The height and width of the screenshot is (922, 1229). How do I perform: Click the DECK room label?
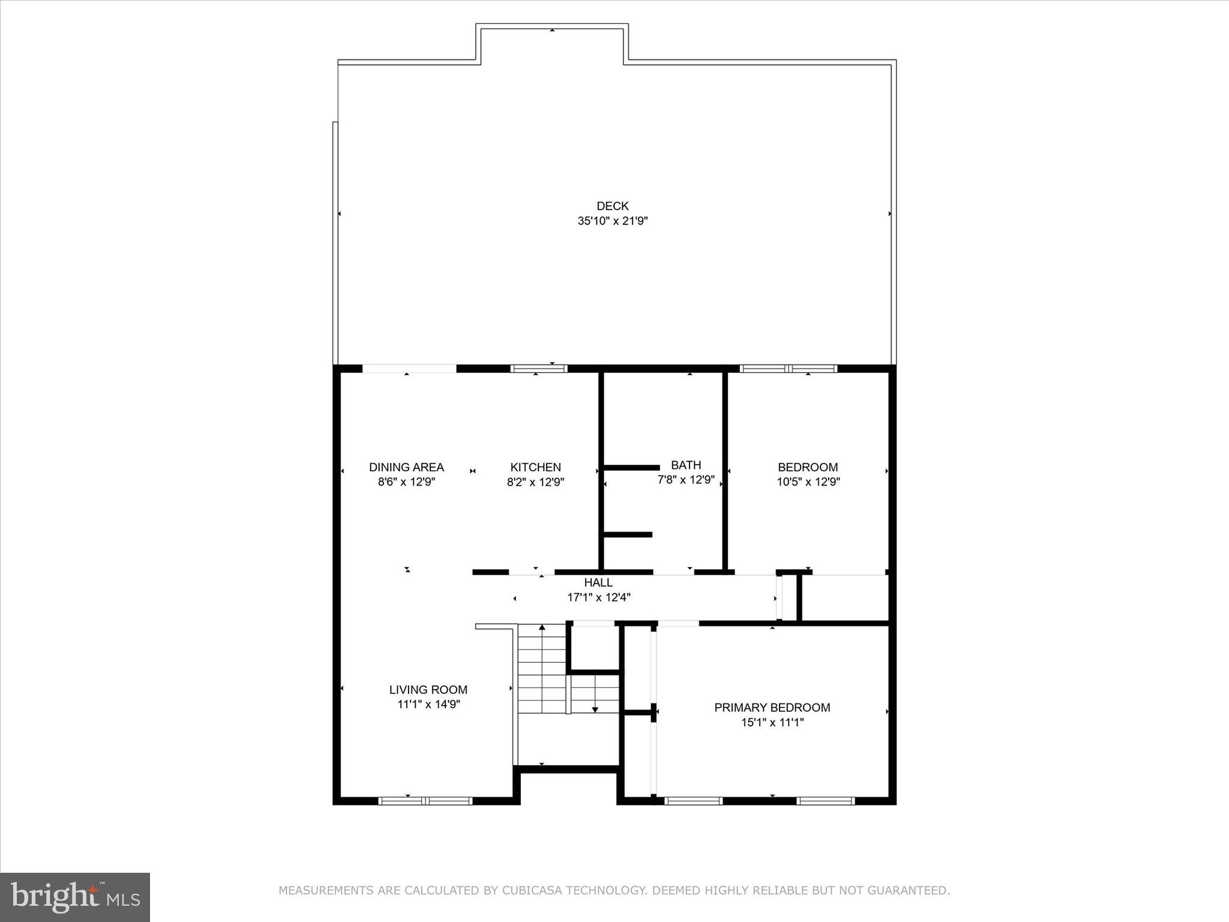point(612,206)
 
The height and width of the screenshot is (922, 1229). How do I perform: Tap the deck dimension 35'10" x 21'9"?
point(612,221)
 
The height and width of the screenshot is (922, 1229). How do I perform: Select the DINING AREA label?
point(406,467)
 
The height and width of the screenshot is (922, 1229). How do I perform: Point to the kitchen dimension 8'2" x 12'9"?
point(535,481)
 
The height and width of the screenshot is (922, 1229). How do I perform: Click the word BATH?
point(686,465)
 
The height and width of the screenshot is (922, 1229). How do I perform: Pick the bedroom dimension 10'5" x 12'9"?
point(808,481)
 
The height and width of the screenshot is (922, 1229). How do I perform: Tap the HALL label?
point(598,582)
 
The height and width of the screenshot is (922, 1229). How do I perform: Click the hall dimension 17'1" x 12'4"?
point(598,597)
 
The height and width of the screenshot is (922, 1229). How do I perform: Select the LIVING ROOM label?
point(428,690)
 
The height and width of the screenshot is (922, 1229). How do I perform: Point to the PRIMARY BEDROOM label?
point(772,707)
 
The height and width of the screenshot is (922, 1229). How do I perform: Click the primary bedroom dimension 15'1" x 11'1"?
point(772,722)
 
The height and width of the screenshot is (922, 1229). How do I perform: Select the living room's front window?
point(425,800)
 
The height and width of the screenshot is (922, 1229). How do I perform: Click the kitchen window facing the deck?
point(538,369)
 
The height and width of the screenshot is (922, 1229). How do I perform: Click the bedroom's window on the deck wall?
point(788,369)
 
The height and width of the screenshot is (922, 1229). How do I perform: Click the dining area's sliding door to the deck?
point(409,369)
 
